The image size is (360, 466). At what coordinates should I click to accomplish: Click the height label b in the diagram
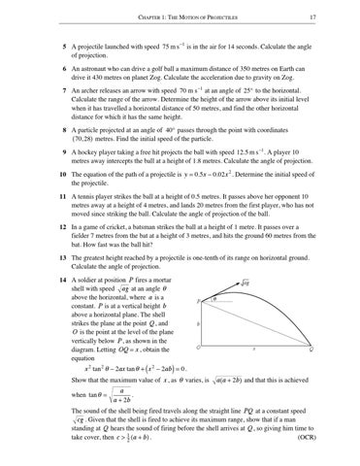tap(198, 350)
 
